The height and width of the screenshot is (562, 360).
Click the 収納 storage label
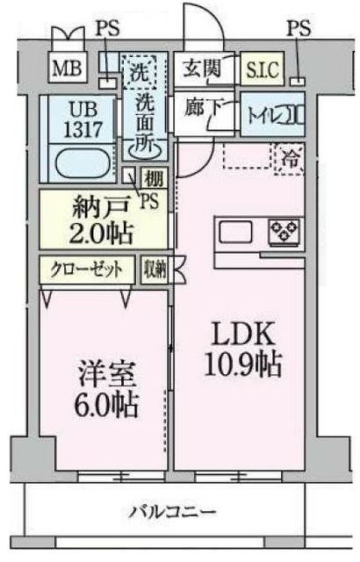154,269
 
